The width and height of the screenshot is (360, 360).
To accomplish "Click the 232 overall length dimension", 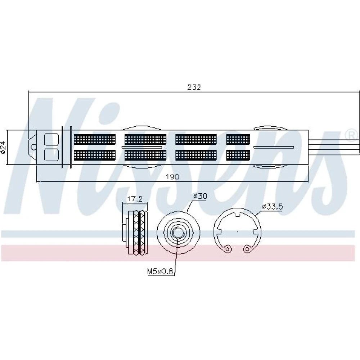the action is (194, 87).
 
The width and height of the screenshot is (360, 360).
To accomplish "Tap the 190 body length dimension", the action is (172, 177).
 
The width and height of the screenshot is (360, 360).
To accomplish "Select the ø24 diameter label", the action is (3, 147).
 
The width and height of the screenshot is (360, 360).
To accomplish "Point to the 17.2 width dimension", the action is (135, 199).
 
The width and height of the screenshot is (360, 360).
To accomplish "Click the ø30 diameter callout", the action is (200, 196).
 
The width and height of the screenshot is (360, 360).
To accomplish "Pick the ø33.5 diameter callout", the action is (272, 207).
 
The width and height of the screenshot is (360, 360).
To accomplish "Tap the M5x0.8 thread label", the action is (160, 271).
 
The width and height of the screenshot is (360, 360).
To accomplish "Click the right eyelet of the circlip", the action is (247, 249).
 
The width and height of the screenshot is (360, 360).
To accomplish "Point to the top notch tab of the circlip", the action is (237, 214).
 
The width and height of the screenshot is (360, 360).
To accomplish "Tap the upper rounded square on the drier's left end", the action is (51, 139).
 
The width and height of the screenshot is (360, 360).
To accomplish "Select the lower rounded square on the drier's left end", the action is (51, 154).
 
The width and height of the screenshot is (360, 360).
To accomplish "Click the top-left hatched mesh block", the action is (95, 140).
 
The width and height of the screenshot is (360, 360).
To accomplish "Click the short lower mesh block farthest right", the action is (238, 155).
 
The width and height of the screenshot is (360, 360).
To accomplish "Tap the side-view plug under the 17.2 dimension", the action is (135, 232).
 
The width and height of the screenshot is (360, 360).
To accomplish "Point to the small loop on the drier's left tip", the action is (33, 147).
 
